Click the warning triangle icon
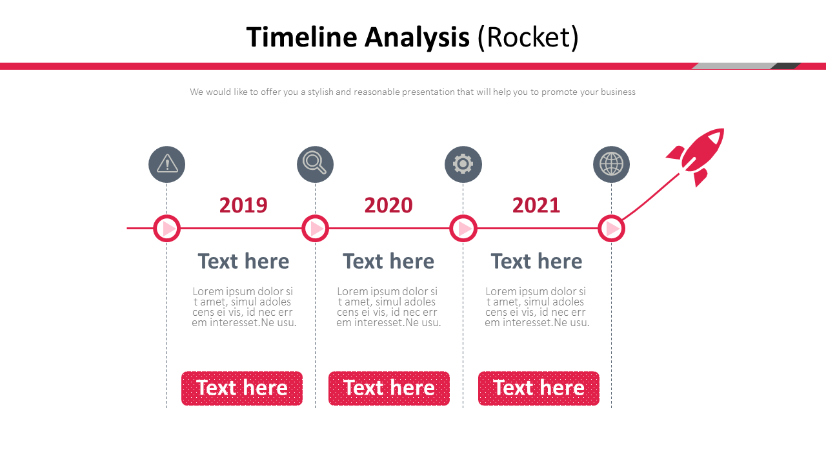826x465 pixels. (x=166, y=164)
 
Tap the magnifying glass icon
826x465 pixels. (x=315, y=164)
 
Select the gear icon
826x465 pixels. (x=463, y=164)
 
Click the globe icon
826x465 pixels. (x=611, y=164)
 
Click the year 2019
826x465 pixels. (x=243, y=205)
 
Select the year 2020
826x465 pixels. (x=388, y=205)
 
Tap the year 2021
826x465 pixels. (x=536, y=205)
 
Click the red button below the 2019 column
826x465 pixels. (x=242, y=388)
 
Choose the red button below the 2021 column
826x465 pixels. (x=539, y=388)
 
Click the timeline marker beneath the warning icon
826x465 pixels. (x=166, y=228)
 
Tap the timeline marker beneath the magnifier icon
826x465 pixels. (x=315, y=228)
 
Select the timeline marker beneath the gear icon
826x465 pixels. (x=463, y=228)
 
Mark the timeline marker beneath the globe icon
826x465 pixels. (x=611, y=228)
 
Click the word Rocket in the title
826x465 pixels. (x=528, y=37)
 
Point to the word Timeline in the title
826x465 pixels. (x=302, y=37)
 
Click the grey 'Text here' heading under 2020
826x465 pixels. (x=388, y=261)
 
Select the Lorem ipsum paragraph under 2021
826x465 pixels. (x=536, y=307)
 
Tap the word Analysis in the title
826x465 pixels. (x=417, y=37)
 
